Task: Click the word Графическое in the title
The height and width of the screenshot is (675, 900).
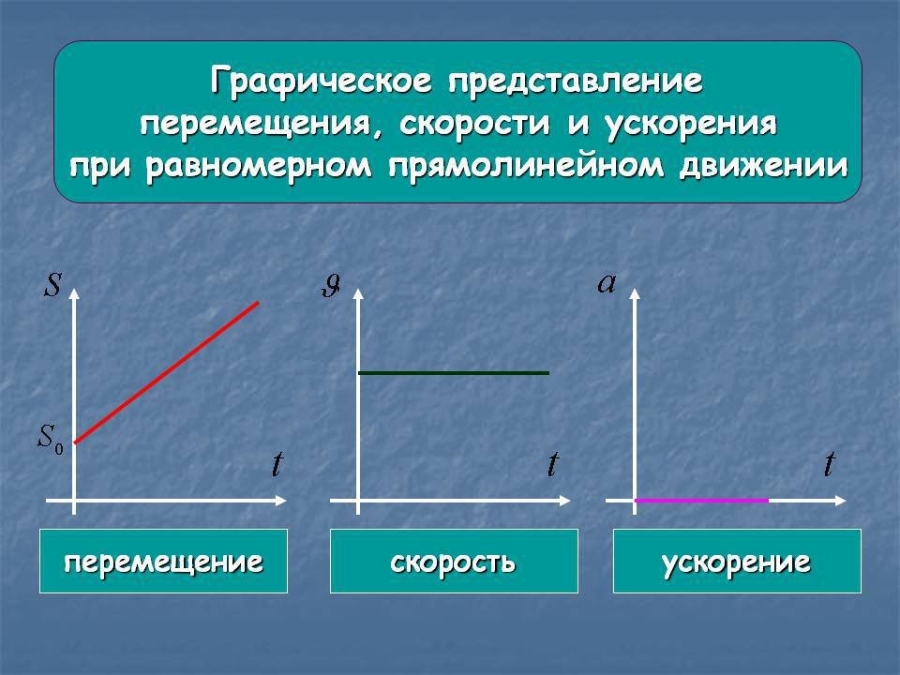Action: (x=321, y=81)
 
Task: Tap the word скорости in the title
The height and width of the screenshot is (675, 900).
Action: (x=474, y=124)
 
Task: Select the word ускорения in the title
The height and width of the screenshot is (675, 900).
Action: (x=691, y=125)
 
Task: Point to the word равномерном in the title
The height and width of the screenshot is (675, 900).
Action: (x=259, y=168)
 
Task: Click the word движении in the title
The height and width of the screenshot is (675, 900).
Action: (x=763, y=167)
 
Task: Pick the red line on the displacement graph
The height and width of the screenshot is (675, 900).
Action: (x=167, y=372)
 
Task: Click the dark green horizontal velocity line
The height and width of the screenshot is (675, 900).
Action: (x=454, y=373)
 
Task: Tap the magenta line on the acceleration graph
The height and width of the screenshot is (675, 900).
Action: (x=701, y=501)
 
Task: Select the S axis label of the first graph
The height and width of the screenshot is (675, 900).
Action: (x=52, y=284)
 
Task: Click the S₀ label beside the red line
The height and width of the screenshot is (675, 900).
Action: (x=51, y=439)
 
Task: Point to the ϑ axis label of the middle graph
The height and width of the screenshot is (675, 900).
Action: (x=331, y=285)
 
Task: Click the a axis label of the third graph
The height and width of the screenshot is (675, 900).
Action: (x=607, y=283)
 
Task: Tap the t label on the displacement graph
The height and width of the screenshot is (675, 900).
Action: (x=277, y=464)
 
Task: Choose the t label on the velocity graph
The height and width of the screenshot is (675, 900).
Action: (x=553, y=464)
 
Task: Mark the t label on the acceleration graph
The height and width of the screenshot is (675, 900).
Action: (x=829, y=464)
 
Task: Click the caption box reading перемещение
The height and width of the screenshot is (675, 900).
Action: (x=163, y=561)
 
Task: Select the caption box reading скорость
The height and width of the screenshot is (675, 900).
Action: (x=454, y=561)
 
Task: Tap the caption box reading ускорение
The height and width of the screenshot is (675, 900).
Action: (x=737, y=561)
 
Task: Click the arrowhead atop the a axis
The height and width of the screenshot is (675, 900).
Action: (x=635, y=293)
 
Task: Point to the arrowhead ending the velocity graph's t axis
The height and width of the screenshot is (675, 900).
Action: (x=564, y=501)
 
